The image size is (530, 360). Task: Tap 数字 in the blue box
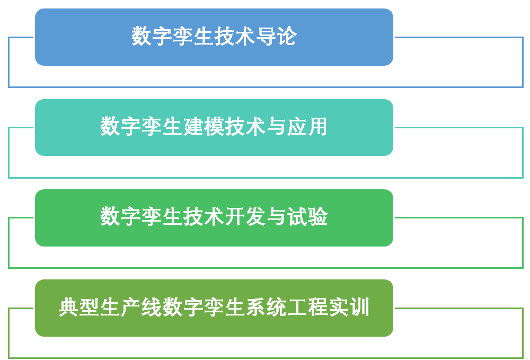152,36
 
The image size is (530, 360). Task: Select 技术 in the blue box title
235,36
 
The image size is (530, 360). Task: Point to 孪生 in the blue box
193,36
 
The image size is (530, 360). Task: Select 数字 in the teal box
121,126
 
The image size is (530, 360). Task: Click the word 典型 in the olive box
79,308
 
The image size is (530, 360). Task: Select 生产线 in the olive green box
131,308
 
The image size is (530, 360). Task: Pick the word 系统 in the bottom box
266,308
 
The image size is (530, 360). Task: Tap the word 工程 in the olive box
307,308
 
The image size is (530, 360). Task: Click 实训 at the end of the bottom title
349,308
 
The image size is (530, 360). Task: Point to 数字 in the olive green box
183,308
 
